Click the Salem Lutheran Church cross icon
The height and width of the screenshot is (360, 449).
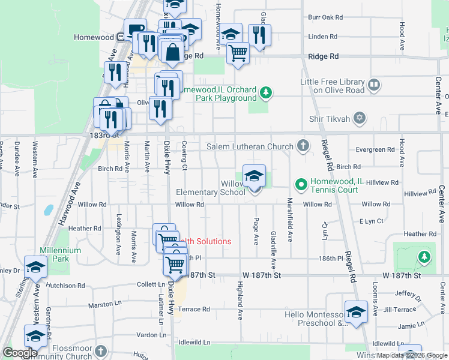click(304, 146)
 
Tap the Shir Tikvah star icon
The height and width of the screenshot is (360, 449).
click(360, 118)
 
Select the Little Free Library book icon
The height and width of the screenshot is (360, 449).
click(375, 86)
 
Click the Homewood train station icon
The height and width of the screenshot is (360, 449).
click(121, 37)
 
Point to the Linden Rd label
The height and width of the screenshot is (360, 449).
click(318, 37)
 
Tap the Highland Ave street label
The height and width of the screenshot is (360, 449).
click(240, 300)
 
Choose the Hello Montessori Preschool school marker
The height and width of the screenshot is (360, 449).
click(357, 313)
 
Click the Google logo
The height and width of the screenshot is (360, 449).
click(20, 353)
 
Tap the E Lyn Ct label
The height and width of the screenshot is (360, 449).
click(371, 221)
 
